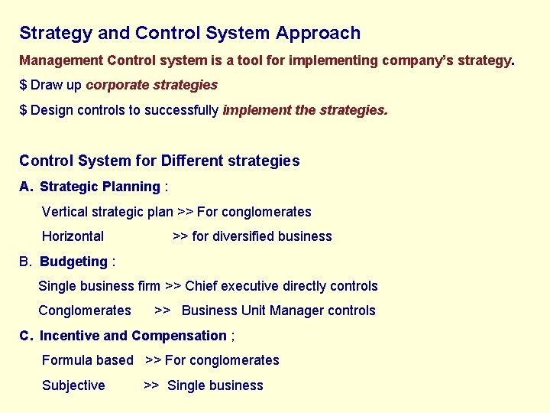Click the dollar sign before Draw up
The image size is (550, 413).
[23, 85]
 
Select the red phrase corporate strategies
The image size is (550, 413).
[152, 85]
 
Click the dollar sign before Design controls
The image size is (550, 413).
[23, 110]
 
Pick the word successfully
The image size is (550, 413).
[183, 110]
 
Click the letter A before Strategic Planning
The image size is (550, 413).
[25, 187]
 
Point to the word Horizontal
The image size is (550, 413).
[73, 236]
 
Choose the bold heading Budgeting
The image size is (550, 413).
[73, 262]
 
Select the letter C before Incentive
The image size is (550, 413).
[25, 336]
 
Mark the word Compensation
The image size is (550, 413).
[179, 336]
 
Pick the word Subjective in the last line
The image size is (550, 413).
[73, 385]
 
